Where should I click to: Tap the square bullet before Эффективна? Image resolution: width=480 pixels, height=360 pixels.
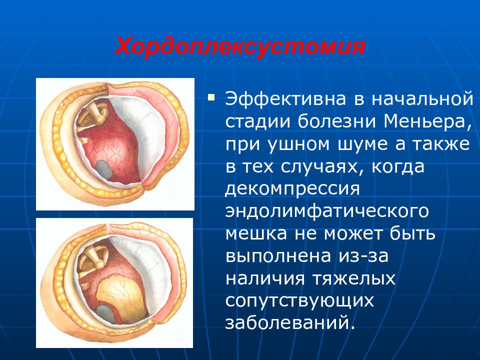tap(211, 98)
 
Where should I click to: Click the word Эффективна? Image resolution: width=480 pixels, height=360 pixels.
tap(285, 98)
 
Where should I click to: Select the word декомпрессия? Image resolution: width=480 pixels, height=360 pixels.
tap(292, 189)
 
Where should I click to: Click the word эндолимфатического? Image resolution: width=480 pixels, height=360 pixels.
tap(327, 211)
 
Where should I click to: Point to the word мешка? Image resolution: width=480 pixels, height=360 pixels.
tap(256, 233)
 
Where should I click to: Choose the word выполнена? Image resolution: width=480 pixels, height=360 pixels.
tap(278, 255)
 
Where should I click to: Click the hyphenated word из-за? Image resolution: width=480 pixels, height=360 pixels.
tap(363, 255)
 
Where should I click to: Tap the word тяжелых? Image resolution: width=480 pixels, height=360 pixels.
tap(354, 278)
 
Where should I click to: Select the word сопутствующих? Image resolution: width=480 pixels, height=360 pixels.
tap(299, 300)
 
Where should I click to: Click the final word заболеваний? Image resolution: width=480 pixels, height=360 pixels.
tap(290, 322)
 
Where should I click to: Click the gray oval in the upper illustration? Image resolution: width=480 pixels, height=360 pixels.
tap(104, 169)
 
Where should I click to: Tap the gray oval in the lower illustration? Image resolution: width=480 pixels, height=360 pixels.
tap(106, 314)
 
